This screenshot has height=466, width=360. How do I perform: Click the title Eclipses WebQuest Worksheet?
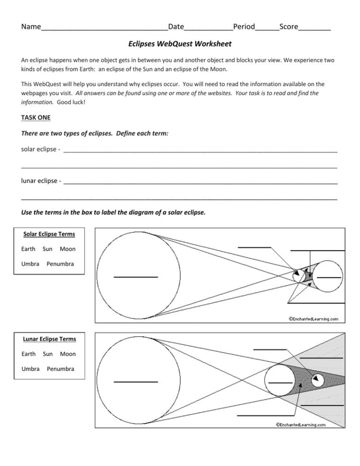pyautogui.click(x=180, y=44)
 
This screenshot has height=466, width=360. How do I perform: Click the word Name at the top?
pyautogui.click(x=31, y=27)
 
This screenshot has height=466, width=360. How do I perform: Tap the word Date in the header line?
pyautogui.click(x=176, y=27)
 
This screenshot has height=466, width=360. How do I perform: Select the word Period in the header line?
pyautogui.click(x=244, y=27)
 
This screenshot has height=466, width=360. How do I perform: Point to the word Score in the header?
pyautogui.click(x=288, y=27)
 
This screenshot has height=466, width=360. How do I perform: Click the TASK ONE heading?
pyautogui.click(x=36, y=117)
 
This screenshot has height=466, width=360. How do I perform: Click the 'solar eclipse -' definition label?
pyautogui.click(x=40, y=149)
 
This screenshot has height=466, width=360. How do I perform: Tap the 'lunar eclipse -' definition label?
pyautogui.click(x=41, y=181)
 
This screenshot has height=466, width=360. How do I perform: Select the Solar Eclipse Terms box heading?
pyautogui.click(x=49, y=234)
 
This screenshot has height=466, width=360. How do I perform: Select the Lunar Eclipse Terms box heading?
pyautogui.click(x=49, y=339)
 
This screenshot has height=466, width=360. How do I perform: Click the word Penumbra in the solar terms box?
pyautogui.click(x=60, y=264)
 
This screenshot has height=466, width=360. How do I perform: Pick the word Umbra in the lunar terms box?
pyautogui.click(x=30, y=368)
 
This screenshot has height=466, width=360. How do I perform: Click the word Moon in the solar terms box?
pyautogui.click(x=68, y=249)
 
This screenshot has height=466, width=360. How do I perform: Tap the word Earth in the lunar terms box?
pyautogui.click(x=28, y=354)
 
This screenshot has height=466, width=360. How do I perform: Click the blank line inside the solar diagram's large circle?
pyautogui.click(x=136, y=277)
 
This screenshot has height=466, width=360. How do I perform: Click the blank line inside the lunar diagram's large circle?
pyautogui.click(x=136, y=381)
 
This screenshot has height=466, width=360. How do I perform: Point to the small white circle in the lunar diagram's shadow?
pyautogui.click(x=318, y=380)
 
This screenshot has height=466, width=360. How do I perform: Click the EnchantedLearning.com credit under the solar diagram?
pyautogui.click(x=313, y=319)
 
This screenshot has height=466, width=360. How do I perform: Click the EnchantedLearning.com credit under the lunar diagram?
pyautogui.click(x=300, y=424)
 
